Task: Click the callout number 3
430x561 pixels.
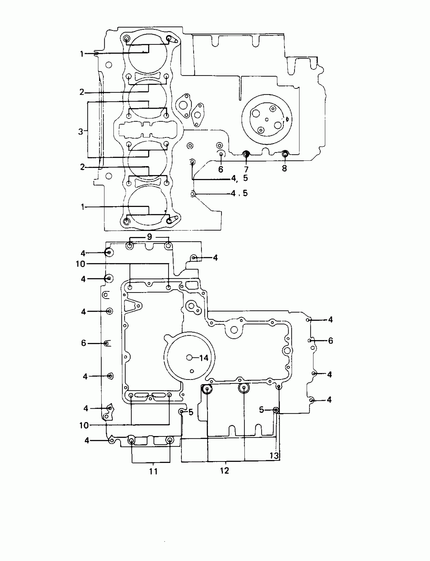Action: click(81, 132)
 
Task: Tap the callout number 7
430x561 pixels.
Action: click(246, 169)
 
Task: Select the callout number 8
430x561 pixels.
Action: click(284, 168)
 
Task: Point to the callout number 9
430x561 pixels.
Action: click(149, 236)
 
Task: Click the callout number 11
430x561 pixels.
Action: click(153, 471)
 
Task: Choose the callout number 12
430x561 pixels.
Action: click(224, 470)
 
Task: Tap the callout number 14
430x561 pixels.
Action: click(204, 358)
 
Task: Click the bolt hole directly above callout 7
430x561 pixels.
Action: click(246, 154)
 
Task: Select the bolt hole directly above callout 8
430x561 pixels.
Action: click(285, 154)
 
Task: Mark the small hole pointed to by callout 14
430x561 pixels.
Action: click(189, 358)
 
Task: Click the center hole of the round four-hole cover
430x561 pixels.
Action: click(267, 119)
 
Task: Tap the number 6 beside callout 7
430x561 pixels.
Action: click(221, 169)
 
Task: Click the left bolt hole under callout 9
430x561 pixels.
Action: click(130, 246)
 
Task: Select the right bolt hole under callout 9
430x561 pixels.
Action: click(168, 246)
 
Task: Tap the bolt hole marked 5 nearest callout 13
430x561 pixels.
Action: click(276, 410)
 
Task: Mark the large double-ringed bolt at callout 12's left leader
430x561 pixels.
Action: click(207, 389)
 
